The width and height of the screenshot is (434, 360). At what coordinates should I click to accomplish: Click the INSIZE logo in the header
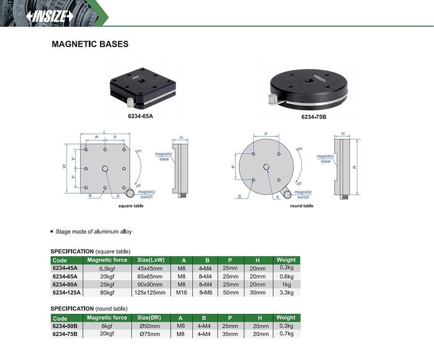point(49,16)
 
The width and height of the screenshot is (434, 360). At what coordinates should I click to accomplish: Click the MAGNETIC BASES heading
point(90,44)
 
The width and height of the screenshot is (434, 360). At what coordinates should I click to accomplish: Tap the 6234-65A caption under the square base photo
point(141,116)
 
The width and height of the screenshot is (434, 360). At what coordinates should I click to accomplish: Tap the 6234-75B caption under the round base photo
point(314,117)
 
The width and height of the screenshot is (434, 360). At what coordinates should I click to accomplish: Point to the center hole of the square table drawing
point(105,168)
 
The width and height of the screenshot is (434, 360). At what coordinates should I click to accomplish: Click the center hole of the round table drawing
point(266,167)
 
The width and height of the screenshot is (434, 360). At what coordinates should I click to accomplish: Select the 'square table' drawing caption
point(131,206)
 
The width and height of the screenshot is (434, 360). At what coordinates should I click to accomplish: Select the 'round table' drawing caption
point(302,206)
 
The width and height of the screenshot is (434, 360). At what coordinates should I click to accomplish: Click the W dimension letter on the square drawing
point(64,166)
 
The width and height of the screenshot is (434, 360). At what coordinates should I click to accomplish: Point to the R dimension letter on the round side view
point(354,167)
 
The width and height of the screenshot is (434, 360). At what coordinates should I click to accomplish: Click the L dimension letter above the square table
point(105,132)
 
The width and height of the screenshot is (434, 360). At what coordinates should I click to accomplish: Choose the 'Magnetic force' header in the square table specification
point(107,260)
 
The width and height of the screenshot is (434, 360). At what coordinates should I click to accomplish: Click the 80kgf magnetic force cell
point(107,293)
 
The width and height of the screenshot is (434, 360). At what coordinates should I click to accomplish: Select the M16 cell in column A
point(181,293)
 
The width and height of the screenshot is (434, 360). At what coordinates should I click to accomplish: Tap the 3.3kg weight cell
point(286,293)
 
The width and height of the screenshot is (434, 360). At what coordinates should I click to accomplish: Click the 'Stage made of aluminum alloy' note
point(94,231)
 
